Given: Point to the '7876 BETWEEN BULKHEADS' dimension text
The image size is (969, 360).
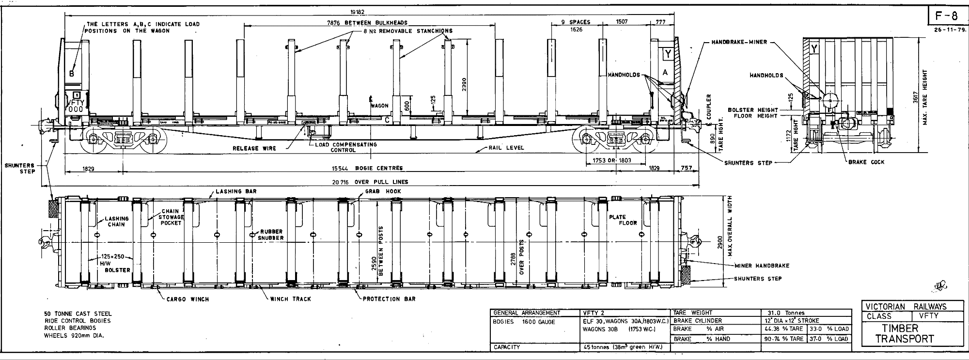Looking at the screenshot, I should point(367,23).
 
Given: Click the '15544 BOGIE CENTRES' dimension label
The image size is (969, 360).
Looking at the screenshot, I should point(367,168).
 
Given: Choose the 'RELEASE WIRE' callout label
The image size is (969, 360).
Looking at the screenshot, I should point(254,148).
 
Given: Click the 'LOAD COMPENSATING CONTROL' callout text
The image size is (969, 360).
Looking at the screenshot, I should point(345,147).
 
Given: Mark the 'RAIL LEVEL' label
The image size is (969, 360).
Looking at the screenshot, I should point(507,148).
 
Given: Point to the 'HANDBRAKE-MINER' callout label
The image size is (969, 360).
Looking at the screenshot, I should point(739,42).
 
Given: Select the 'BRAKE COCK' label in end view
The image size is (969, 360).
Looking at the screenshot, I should point(866,162).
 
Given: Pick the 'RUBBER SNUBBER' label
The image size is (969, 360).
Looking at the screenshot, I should point(270,235).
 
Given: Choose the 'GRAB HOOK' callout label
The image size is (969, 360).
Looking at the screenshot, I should point(383,191).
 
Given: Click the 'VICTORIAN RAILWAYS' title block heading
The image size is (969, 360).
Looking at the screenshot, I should point(906,307).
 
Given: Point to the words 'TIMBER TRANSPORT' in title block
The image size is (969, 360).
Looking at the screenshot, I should point(904,334).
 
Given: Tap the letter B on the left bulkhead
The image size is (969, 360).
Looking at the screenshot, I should point(72,74).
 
